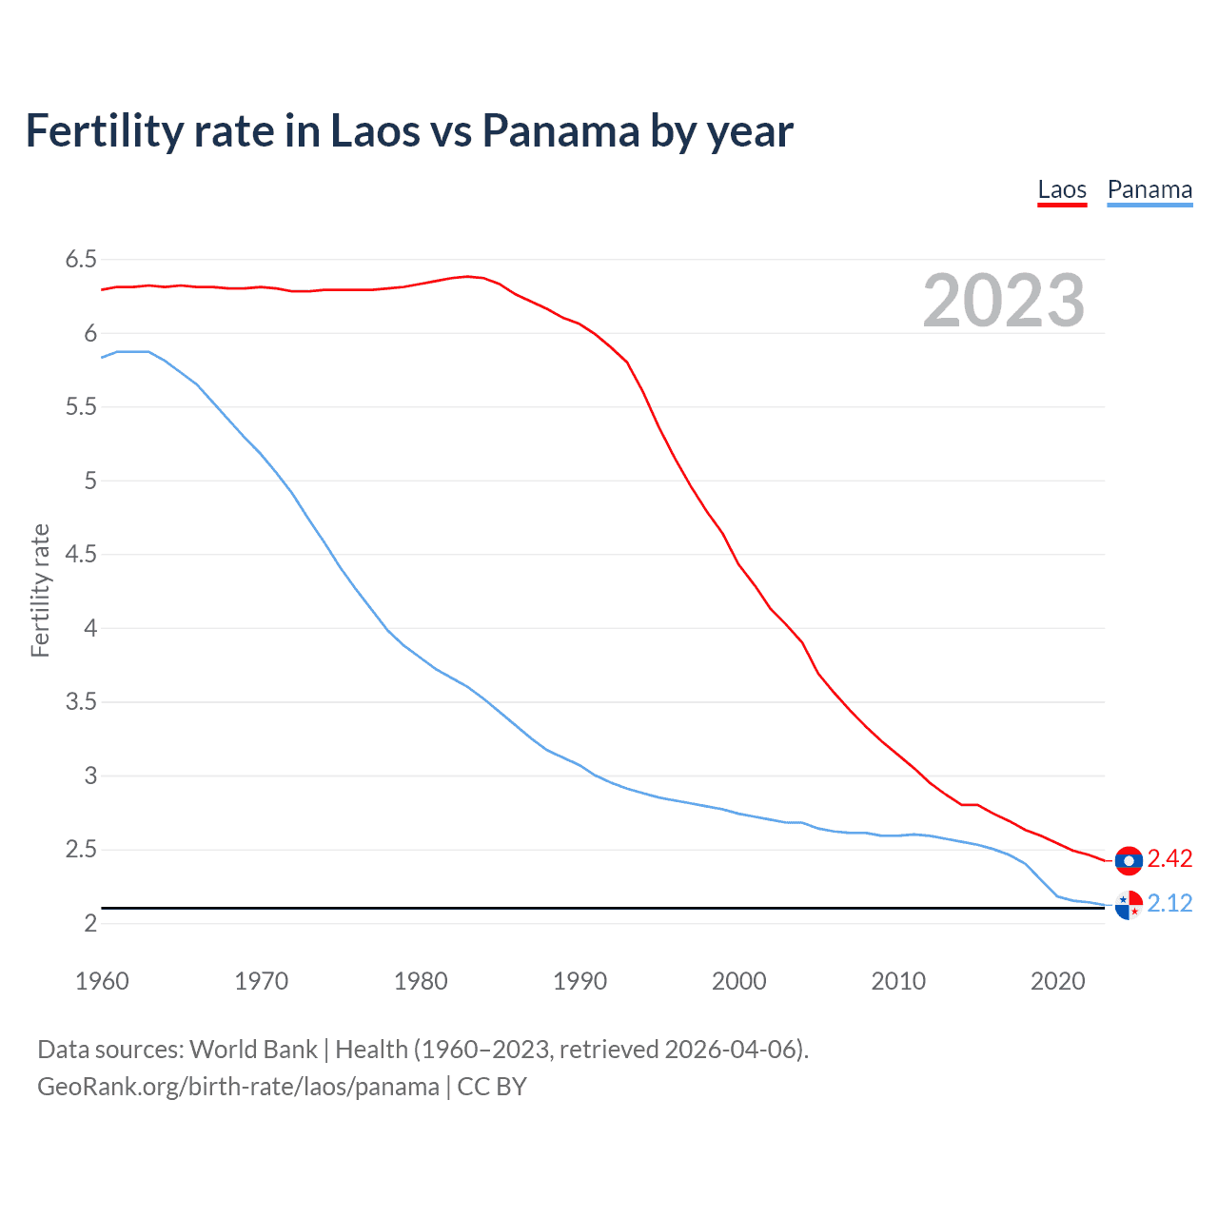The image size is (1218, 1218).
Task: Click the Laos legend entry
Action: tap(1062, 190)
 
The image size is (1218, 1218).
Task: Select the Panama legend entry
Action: tap(1149, 190)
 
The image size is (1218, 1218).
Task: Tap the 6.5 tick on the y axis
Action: tap(81, 260)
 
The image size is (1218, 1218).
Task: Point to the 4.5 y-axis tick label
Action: tap(81, 555)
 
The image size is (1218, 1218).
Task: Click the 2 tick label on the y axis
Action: tap(90, 924)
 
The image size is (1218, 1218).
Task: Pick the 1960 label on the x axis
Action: tap(102, 981)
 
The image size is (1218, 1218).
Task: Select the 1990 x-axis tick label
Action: tap(580, 981)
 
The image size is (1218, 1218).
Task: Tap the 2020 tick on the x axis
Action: tap(1057, 981)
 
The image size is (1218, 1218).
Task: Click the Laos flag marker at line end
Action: tap(1129, 860)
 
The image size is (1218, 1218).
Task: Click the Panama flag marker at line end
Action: tap(1129, 906)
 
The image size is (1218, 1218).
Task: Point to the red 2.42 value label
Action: tap(1169, 859)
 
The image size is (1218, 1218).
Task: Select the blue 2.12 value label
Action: tap(1169, 904)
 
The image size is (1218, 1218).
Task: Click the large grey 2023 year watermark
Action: tap(1004, 301)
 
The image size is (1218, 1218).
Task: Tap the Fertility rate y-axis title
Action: tap(40, 590)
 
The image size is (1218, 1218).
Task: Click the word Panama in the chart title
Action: tap(560, 131)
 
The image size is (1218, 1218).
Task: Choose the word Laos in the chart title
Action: tap(374, 131)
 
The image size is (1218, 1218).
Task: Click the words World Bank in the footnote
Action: tap(253, 1050)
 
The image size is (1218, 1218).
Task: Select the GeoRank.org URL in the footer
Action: tap(238, 1087)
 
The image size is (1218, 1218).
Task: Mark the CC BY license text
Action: tap(492, 1087)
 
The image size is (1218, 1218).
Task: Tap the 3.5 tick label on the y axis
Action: tap(81, 702)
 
